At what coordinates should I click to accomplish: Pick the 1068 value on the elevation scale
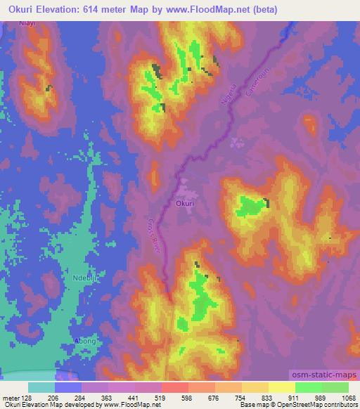347,397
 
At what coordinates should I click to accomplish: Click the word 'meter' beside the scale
11,397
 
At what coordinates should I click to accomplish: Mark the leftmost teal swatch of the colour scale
41,387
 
